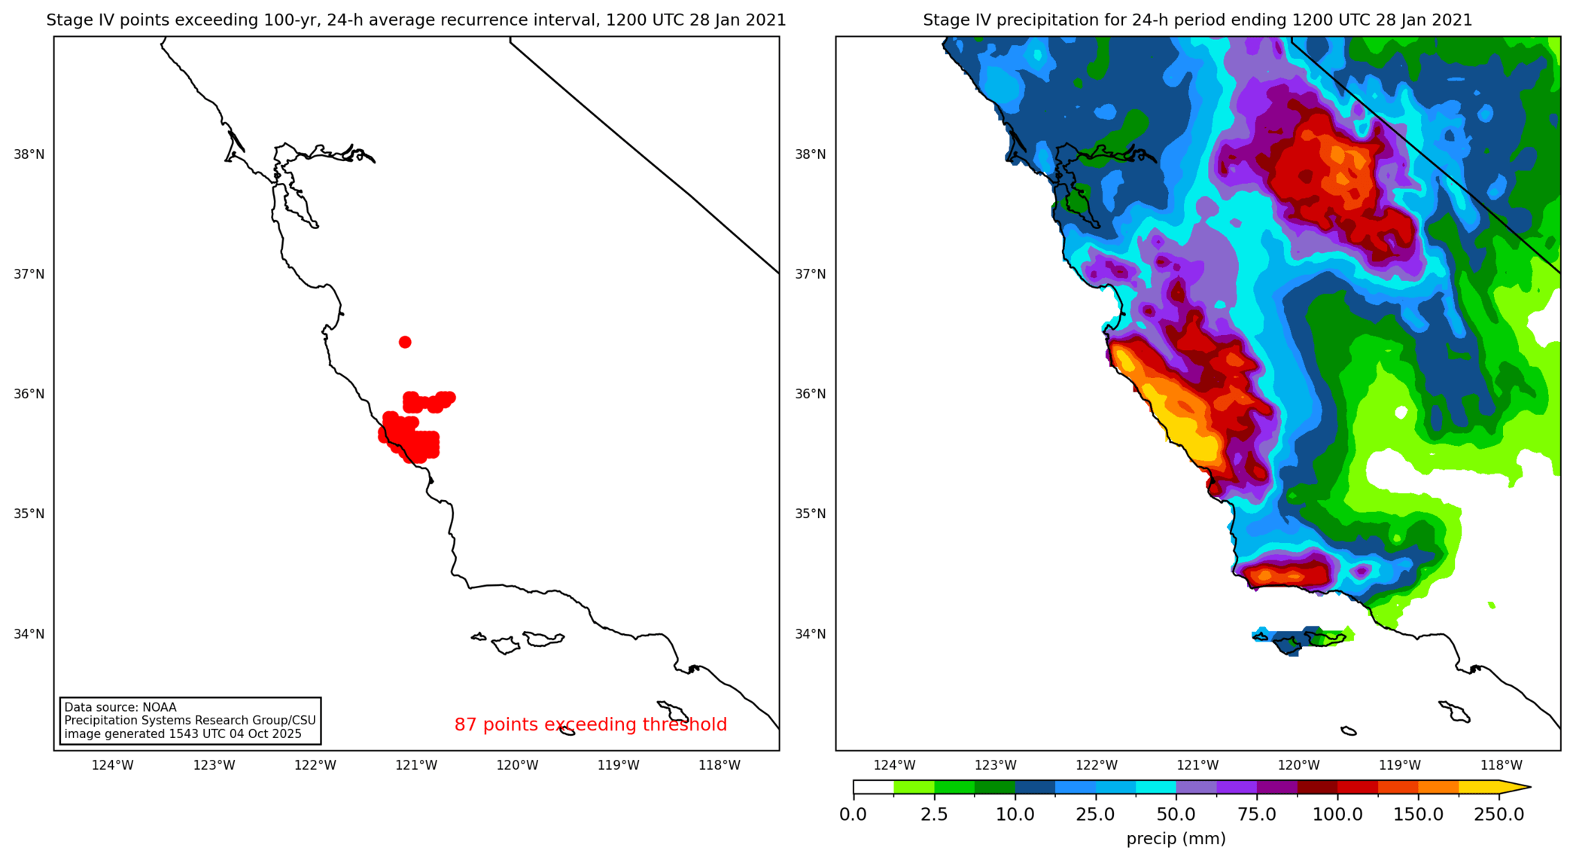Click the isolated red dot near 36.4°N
[x=405, y=342]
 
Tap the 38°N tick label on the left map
[x=29, y=154]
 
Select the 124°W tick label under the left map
[x=112, y=765]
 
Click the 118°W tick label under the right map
[x=1501, y=765]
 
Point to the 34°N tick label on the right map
[x=811, y=634]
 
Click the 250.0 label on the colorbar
[x=1498, y=815]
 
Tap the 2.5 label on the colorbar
[x=934, y=815]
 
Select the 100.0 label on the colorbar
[x=1337, y=815]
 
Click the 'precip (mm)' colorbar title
[x=1176, y=839]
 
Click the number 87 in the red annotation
[x=465, y=724]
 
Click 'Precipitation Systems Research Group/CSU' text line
[x=190, y=721]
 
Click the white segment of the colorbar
[x=873, y=788]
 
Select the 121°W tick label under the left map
[x=416, y=765]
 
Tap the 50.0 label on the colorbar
[x=1176, y=815]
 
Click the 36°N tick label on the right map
[x=811, y=394]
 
